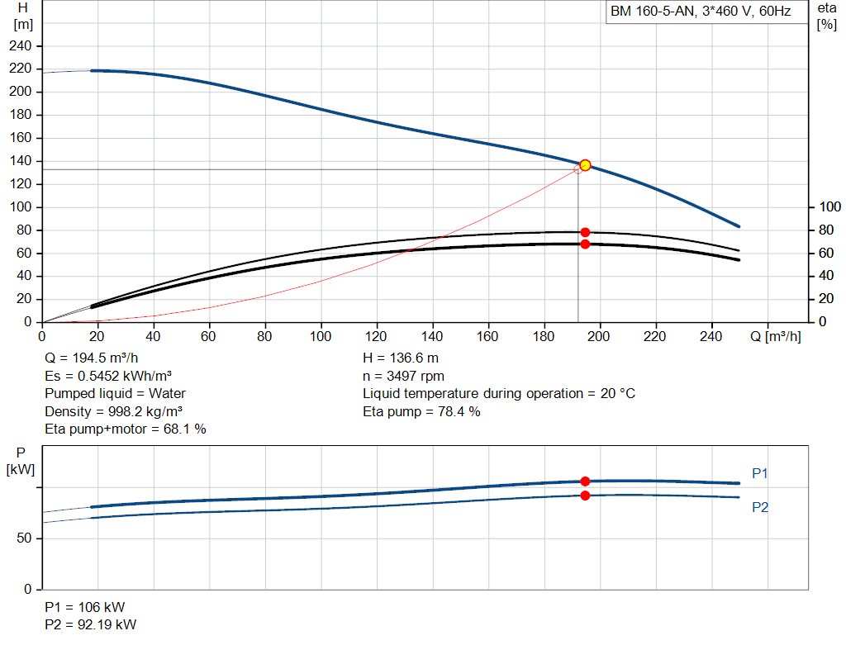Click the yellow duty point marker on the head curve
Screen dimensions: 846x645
[585, 165]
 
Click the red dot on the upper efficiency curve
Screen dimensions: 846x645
[585, 232]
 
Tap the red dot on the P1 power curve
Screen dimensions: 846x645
[585, 481]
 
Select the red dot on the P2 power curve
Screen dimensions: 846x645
[585, 496]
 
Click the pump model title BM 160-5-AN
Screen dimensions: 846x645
[652, 12]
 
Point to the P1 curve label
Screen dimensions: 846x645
[760, 473]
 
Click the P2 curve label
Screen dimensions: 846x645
[760, 507]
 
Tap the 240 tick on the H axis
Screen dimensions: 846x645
[20, 46]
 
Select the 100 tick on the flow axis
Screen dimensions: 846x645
[320, 336]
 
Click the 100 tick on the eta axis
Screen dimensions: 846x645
[829, 207]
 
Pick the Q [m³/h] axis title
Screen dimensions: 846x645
[775, 336]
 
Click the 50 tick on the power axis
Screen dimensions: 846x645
[24, 538]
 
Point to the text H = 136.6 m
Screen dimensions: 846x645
[401, 358]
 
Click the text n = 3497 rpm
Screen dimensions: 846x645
[403, 376]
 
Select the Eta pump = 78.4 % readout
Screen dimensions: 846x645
[421, 411]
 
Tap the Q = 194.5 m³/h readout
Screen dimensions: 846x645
[91, 358]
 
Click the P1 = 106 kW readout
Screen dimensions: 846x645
[85, 607]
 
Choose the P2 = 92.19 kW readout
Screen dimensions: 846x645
[90, 624]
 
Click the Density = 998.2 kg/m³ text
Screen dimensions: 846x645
[113, 411]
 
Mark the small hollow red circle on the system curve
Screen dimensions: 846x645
[577, 170]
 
